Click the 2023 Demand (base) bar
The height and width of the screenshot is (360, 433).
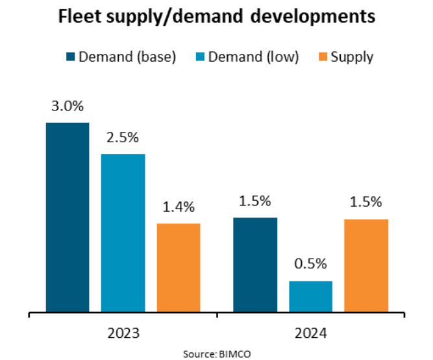click(x=67, y=217)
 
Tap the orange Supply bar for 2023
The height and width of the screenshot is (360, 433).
click(x=179, y=268)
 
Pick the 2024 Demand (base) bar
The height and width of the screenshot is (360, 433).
click(x=255, y=264)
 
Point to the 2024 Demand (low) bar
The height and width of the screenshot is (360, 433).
click(x=310, y=296)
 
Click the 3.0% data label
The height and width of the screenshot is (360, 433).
click(x=68, y=107)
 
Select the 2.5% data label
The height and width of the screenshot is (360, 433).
click(x=123, y=138)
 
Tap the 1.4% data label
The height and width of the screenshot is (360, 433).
click(x=179, y=207)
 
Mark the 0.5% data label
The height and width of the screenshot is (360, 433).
click(x=311, y=264)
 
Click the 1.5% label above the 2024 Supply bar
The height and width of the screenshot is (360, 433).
click(x=366, y=202)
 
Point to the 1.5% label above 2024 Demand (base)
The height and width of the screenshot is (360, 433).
click(x=255, y=201)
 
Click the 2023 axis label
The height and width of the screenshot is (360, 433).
click(x=123, y=333)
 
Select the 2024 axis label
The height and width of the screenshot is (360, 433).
click(x=310, y=333)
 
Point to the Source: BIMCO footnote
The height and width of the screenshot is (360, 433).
click(x=216, y=352)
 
